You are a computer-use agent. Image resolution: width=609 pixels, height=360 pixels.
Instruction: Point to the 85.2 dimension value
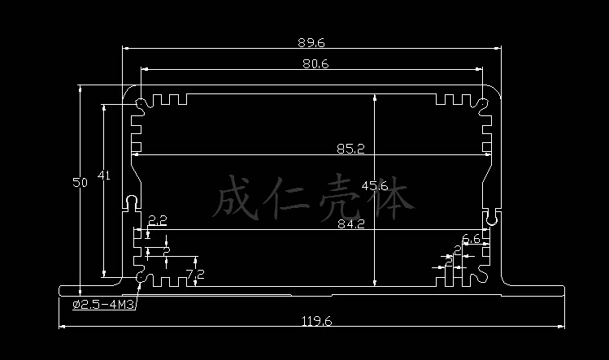[x=350, y=148]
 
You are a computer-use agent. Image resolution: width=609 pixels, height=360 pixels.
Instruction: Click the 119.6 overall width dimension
[x=316, y=321]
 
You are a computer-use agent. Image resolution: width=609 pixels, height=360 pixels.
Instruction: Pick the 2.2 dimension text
[x=158, y=220]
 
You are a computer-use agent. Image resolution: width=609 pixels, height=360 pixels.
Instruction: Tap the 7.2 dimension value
[x=195, y=275]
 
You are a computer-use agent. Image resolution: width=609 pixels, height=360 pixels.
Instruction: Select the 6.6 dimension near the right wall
[x=471, y=238]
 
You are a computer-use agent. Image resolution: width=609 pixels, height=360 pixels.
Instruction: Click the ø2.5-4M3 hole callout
[x=104, y=305]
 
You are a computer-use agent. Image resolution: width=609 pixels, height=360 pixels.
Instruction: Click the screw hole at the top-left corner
[x=142, y=104]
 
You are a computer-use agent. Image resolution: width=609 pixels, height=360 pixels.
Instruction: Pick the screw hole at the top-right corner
[x=482, y=104]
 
